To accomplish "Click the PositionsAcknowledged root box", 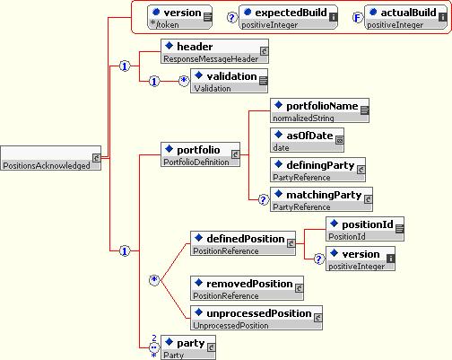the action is (x=50, y=158).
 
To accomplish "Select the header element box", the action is (x=214, y=51).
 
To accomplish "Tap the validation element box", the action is (x=229, y=81).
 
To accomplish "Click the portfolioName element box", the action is (x=319, y=110).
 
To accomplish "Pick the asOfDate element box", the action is (x=307, y=140).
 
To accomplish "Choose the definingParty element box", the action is (x=317, y=170).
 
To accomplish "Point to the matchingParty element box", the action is (x=321, y=199).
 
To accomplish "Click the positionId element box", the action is (x=365, y=229).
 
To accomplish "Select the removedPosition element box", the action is (x=247, y=288).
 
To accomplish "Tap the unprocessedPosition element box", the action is (x=256, y=318).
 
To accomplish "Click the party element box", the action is (x=188, y=347).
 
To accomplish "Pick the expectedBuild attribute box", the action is (x=289, y=17).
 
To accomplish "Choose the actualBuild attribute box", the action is (x=406, y=17).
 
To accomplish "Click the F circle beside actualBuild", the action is (x=358, y=18).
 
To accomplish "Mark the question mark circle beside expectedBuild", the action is (x=232, y=18).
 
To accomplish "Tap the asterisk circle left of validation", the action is (x=184, y=81).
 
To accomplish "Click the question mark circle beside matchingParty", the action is (x=264, y=199).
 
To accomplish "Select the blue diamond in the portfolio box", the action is (x=169, y=148).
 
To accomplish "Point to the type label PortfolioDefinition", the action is (x=196, y=162).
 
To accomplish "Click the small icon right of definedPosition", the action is (x=291, y=243).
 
